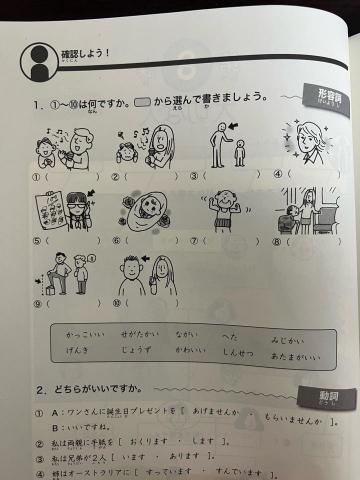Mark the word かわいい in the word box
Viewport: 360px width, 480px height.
click(x=187, y=356)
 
